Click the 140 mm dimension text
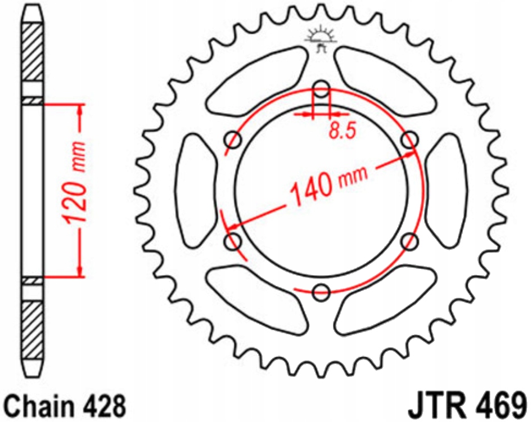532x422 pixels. pyautogui.click(x=328, y=184)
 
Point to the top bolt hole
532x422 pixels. pyautogui.click(x=322, y=88)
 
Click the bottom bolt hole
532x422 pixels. pyautogui.click(x=321, y=291)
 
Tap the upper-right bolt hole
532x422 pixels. pyautogui.click(x=410, y=139)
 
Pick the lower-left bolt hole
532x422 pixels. pyautogui.click(x=233, y=241)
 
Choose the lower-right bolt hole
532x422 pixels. pyautogui.click(x=410, y=241)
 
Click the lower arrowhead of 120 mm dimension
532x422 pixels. pyautogui.click(x=80, y=271)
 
